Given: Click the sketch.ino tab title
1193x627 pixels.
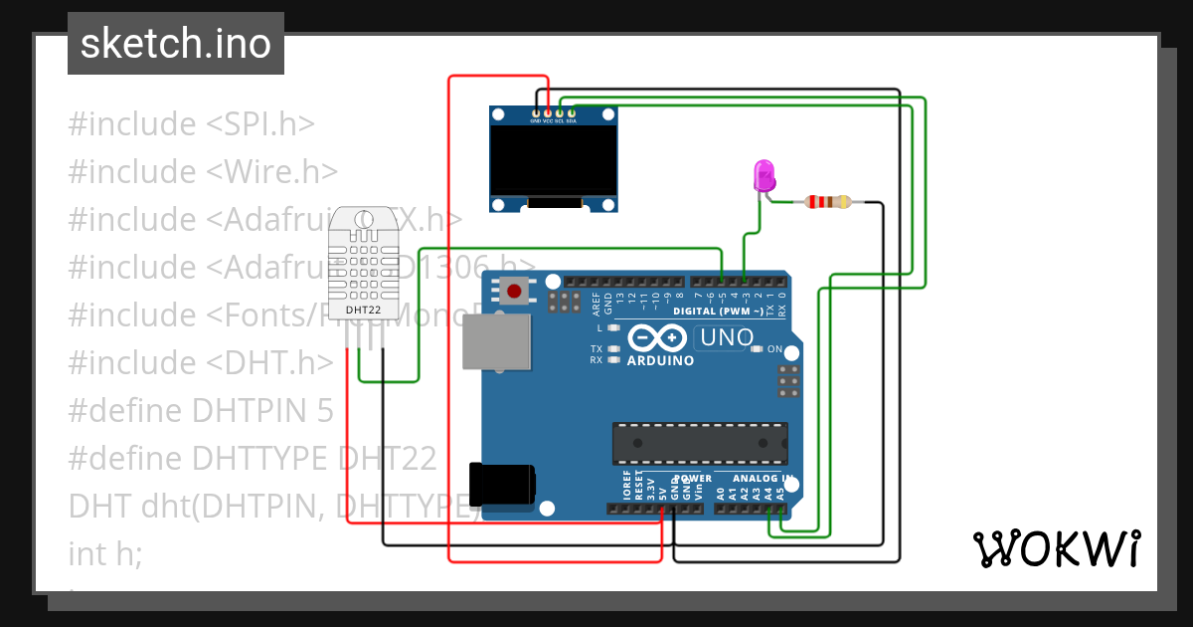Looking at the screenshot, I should (176, 44).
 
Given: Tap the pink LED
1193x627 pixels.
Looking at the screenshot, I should (765, 176).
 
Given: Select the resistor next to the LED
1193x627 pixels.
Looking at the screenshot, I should (827, 202).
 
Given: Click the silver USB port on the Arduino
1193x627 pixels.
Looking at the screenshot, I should (497, 340).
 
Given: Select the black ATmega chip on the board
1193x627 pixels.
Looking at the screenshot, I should (700, 443).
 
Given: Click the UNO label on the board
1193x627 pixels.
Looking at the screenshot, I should (726, 337).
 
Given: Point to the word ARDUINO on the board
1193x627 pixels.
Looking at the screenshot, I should (660, 360).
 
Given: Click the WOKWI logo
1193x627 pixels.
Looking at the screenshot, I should (1055, 548).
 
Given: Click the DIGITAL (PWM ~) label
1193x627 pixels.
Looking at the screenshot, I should (718, 312).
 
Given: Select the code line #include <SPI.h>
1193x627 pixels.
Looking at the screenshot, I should (191, 124).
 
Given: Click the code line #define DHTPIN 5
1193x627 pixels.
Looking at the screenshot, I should (201, 411).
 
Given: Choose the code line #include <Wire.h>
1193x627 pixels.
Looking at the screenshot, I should (203, 172).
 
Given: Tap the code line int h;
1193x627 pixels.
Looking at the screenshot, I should (105, 553).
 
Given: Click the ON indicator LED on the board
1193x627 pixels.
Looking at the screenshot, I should (758, 349).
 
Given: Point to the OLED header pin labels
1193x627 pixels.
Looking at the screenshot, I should (553, 119).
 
